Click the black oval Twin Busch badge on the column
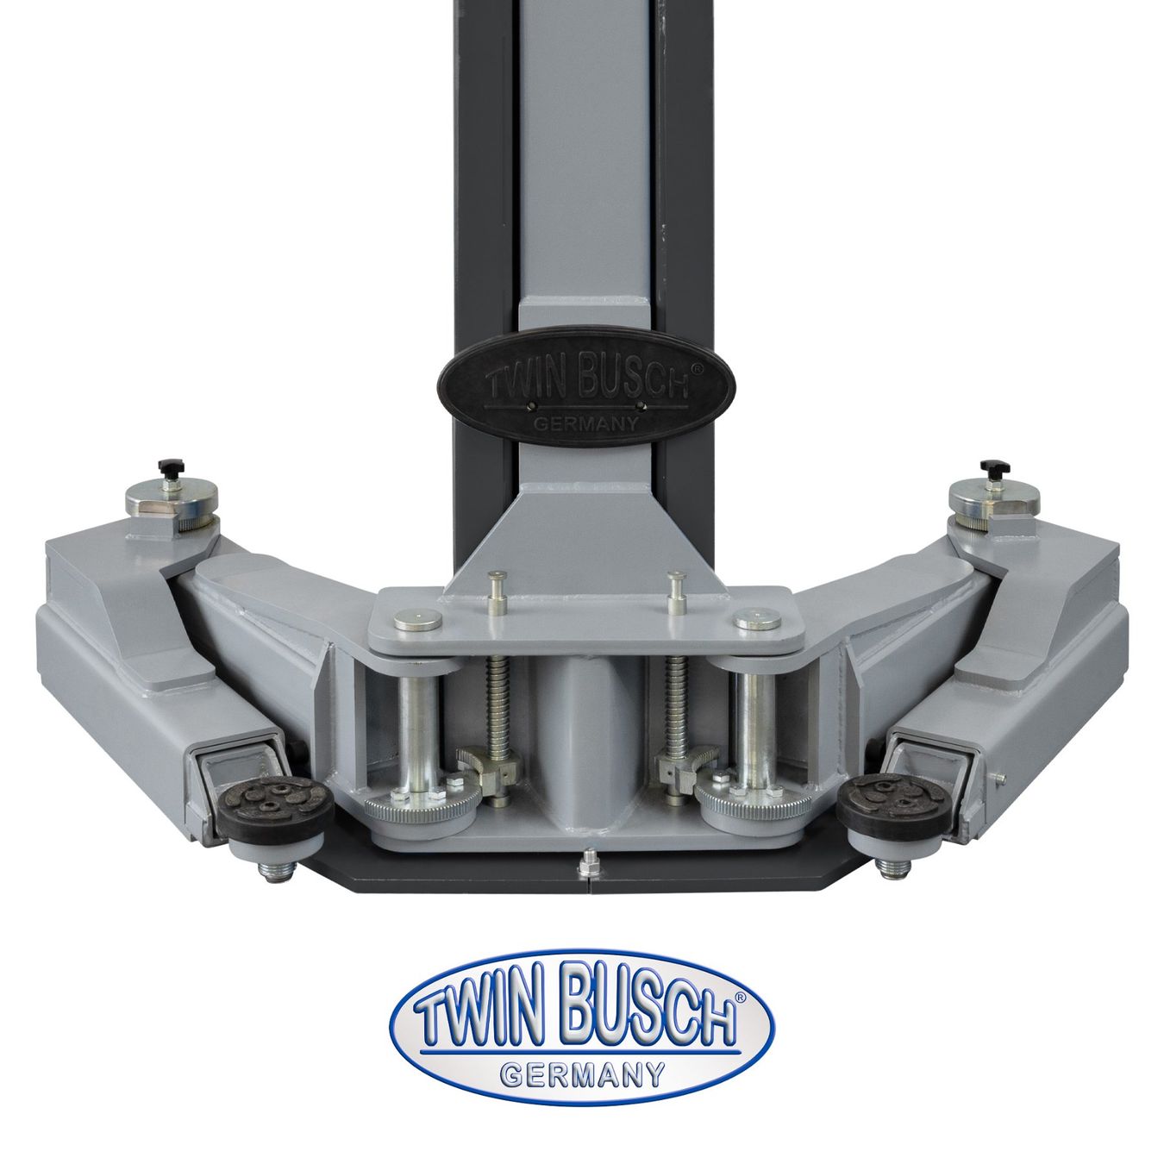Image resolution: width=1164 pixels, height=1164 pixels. [x=586, y=387]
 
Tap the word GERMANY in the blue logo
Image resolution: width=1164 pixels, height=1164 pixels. [x=582, y=1074]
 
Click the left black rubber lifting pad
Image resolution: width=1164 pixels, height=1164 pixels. [x=275, y=810]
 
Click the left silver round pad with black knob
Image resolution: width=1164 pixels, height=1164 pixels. [x=172, y=499]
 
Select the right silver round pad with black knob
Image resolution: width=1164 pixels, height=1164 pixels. [x=994, y=499]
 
